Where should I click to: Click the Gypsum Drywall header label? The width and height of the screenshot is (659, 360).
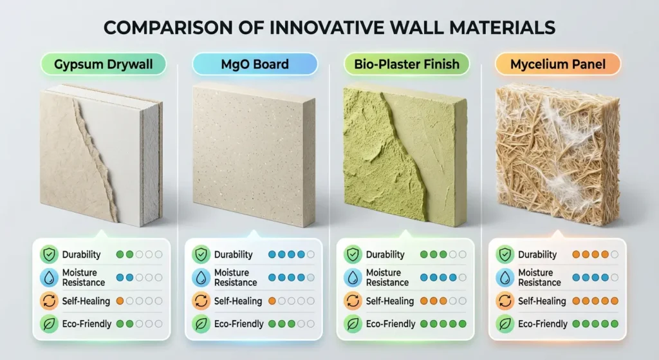pos(103,64)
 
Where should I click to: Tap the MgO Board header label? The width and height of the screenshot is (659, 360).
pos(255,64)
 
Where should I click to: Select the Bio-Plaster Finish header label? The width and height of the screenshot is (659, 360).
pos(407,64)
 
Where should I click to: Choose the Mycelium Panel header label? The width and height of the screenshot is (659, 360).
pos(557,64)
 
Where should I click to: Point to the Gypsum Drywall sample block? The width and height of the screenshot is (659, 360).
pos(100,155)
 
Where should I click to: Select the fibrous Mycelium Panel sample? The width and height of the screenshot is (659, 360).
pos(557,155)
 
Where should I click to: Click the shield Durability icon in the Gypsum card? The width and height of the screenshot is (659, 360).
pos(49,254)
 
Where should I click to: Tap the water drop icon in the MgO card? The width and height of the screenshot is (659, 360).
pos(201,278)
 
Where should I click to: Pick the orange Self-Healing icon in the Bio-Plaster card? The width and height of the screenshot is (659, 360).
pos(353,301)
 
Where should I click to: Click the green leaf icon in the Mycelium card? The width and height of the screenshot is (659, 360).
pos(505,324)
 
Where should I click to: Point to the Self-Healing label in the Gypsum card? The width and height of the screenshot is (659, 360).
pos(86,301)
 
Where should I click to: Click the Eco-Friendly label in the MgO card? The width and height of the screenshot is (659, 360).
pos(238,324)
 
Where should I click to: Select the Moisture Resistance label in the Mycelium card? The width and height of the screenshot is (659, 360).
pos(539,278)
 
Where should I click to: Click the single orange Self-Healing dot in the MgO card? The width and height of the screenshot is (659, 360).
pos(272,301)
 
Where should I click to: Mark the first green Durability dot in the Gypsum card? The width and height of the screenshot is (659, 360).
pos(120,254)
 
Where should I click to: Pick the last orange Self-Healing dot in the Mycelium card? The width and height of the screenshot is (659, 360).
pos(617,301)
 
